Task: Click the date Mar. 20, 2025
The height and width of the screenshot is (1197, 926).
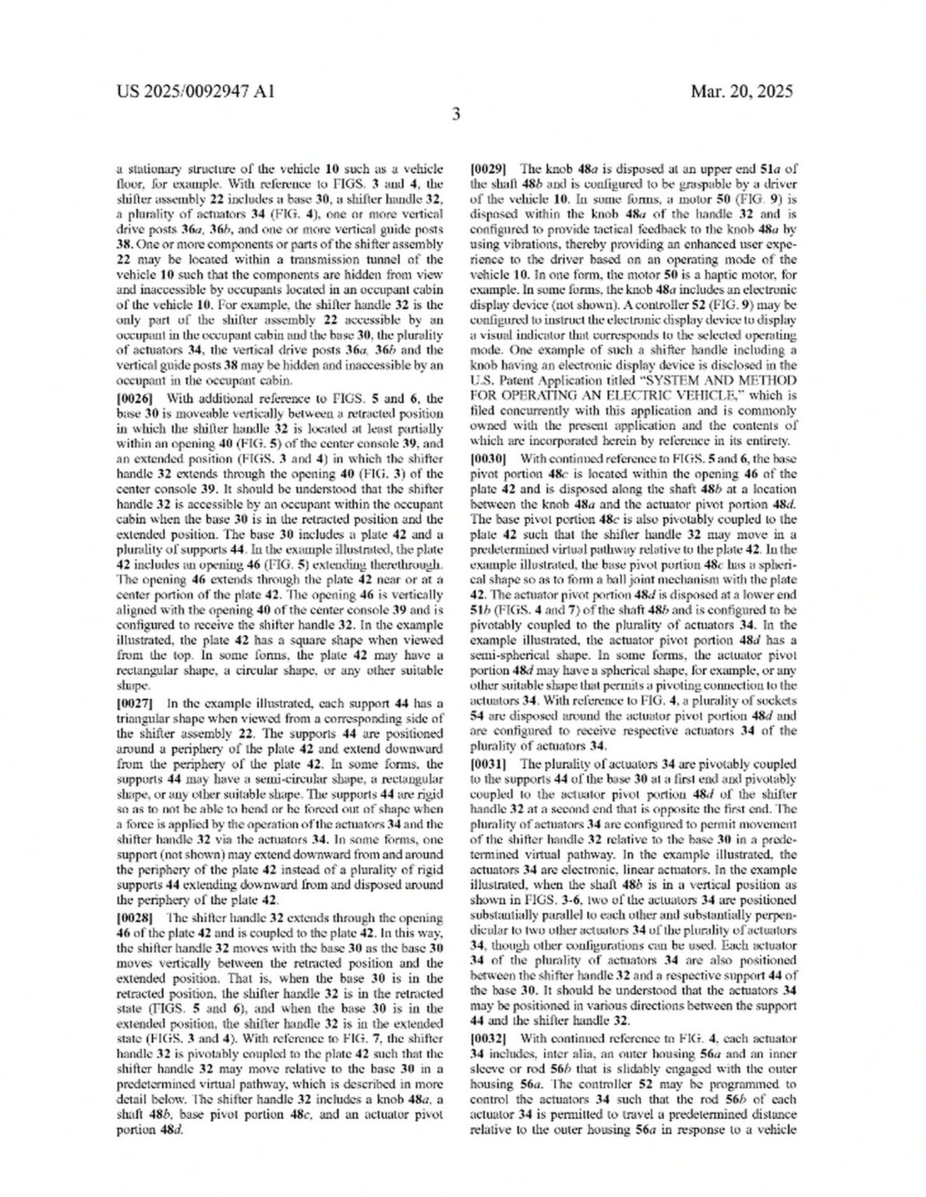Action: [x=741, y=91]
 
